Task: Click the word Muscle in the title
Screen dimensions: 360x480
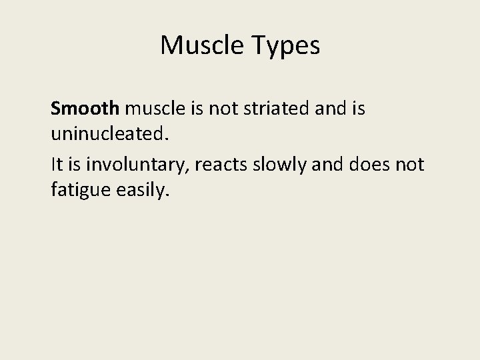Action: [201, 46]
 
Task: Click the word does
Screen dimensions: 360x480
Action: [367, 163]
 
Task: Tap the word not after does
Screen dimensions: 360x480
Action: [409, 163]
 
